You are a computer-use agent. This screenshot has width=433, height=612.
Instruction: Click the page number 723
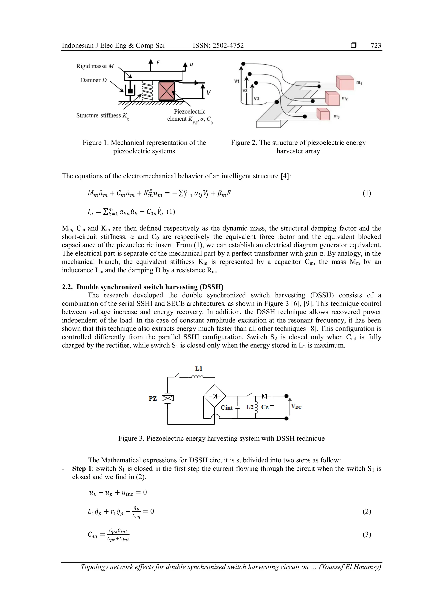pyautogui.click(x=376, y=46)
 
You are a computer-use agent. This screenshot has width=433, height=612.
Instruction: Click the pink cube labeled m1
pyautogui.click(x=345, y=83)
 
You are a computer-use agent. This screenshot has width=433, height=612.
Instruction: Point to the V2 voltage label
pyautogui.click(x=245, y=91)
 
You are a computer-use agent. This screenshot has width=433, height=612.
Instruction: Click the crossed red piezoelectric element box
pyautogui.click(x=167, y=91)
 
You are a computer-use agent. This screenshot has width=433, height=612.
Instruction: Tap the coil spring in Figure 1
pyautogui.click(x=146, y=91)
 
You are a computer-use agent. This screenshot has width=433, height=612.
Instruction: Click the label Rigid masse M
pyautogui.click(x=95, y=66)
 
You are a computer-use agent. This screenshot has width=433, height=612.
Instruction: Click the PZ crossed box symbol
pyautogui.click(x=168, y=398)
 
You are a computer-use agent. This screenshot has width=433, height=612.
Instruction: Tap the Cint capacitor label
pyautogui.click(x=227, y=408)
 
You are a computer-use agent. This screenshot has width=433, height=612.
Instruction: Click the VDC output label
pyautogui.click(x=296, y=407)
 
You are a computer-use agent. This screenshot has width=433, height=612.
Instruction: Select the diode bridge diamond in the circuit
pyautogui.click(x=215, y=396)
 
